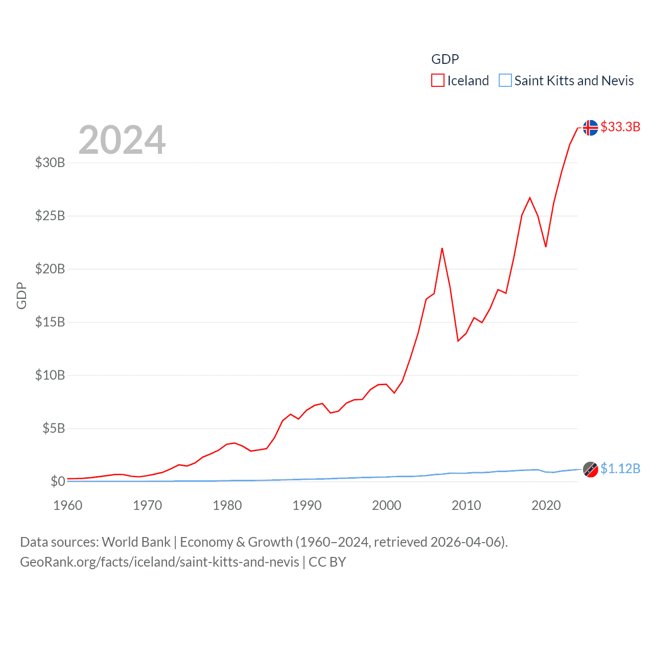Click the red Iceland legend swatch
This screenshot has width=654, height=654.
tap(438, 81)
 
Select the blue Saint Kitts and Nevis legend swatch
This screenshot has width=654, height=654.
tap(505, 81)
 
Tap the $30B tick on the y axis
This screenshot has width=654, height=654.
tap(50, 162)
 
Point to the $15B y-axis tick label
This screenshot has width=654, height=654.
tap(50, 322)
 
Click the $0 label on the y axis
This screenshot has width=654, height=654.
tap(58, 481)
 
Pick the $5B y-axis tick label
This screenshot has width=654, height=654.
tap(54, 428)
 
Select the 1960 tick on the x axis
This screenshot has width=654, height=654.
tap(68, 505)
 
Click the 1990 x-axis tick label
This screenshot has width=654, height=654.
tap(307, 505)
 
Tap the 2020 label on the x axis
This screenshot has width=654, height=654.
tap(546, 505)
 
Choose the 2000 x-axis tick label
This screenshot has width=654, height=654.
tap(387, 505)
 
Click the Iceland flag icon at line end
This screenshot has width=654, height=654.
tap(591, 128)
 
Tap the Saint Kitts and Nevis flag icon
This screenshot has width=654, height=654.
tap(591, 469)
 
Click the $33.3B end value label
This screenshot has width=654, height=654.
tap(620, 127)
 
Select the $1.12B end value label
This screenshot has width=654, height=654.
tap(620, 469)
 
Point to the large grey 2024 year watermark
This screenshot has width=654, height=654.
tap(122, 140)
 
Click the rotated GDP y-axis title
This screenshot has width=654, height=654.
tap(21, 295)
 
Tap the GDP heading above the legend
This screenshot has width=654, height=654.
tap(445, 59)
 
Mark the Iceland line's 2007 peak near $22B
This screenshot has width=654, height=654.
tap(442, 248)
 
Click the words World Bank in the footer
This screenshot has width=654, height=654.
tap(136, 542)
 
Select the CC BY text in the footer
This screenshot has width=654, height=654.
tap(328, 562)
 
